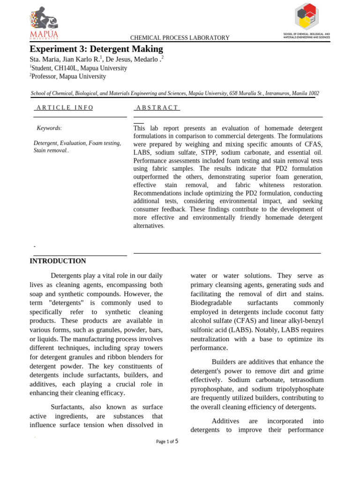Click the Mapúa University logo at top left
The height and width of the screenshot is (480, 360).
pos(44,22)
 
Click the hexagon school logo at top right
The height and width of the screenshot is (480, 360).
pos(307,16)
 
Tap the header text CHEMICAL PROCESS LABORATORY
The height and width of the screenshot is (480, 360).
pos(180,38)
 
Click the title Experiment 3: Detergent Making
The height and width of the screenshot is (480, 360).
pos(96,49)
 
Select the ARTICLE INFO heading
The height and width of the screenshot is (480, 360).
pos(65,108)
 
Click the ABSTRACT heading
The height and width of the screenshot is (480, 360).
pos(157,108)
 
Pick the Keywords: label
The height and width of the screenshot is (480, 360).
pos(49,128)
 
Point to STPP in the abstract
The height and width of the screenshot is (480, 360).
pos(209,152)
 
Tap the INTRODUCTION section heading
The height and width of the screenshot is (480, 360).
pos(58,261)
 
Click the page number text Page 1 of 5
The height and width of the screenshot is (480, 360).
pos(167,441)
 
